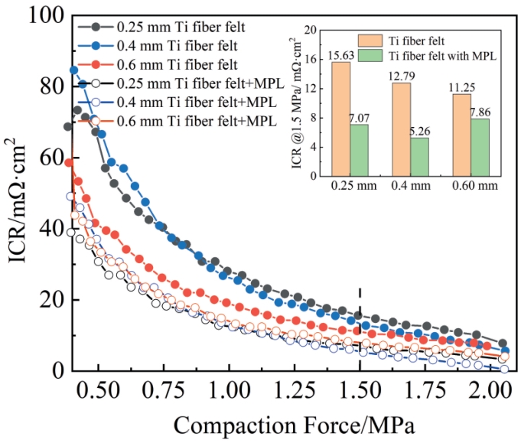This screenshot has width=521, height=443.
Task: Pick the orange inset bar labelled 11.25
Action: [462, 135]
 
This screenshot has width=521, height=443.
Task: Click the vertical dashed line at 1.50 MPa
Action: [360, 329]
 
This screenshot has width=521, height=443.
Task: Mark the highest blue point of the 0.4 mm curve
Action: [74, 70]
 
